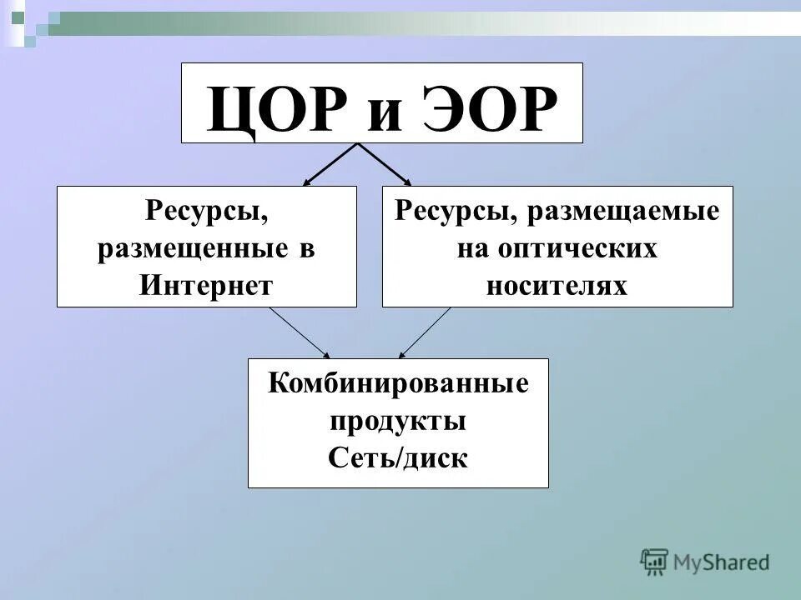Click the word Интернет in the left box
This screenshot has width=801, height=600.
click(206, 285)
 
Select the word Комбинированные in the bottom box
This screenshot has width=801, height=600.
click(398, 385)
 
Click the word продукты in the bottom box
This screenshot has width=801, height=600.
click(398, 421)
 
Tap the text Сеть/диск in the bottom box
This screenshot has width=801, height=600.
click(398, 457)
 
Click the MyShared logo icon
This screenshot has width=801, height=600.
click(655, 562)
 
